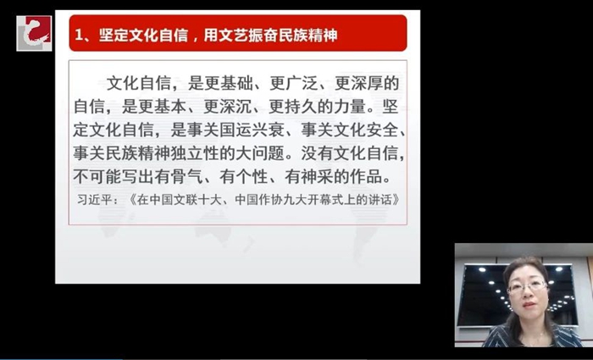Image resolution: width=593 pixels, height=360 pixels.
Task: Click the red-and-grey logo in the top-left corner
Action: click(34, 33)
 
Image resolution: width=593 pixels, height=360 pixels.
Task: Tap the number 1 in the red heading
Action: click(79, 36)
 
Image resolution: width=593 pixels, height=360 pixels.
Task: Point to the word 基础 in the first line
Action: click(236, 84)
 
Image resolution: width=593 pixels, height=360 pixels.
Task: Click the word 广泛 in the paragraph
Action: click(302, 84)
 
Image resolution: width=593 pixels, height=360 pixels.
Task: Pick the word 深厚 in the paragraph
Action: click(367, 84)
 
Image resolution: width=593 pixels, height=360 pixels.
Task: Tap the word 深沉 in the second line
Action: click(236, 107)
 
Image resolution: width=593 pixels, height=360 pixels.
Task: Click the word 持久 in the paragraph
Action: click(302, 107)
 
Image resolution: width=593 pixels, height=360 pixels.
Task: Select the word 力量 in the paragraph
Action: click(350, 107)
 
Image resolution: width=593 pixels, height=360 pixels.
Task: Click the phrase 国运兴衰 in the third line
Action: click(252, 130)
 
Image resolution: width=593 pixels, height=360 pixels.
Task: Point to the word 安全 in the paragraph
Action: click(383, 130)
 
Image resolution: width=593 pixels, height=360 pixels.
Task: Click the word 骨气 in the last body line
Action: click(187, 176)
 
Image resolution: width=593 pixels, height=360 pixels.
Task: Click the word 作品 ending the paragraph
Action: click(367, 176)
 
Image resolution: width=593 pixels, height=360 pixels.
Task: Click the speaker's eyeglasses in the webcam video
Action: click(527, 286)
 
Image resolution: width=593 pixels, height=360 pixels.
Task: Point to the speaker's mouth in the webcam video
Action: click(529, 305)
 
